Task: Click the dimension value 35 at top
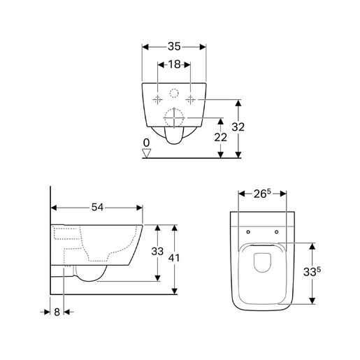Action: [x=174, y=46]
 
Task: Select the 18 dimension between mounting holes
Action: [x=174, y=64]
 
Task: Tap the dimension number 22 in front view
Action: [x=221, y=138]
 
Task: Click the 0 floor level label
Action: [x=145, y=143]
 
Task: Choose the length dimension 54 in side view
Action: [x=98, y=208]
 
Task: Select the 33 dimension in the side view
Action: [x=157, y=252]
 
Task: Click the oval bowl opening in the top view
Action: [x=262, y=261]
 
